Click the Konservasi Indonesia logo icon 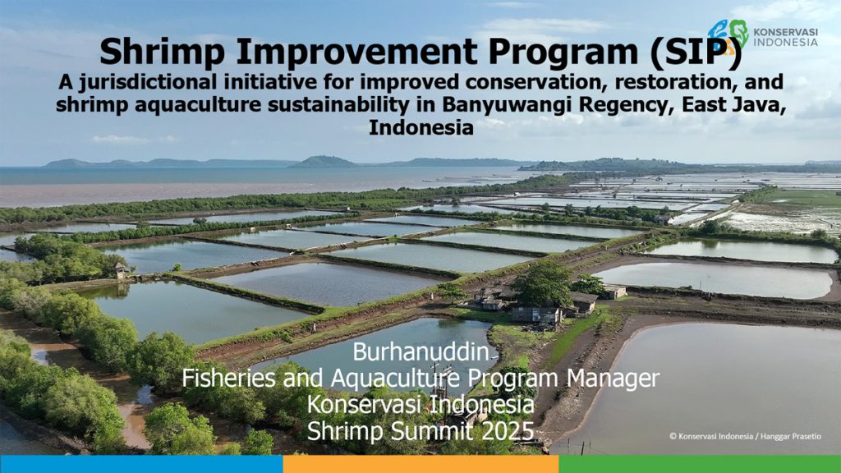728,36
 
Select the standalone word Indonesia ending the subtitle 421,128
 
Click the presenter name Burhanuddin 421,351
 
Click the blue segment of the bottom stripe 141,464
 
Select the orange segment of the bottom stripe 421,464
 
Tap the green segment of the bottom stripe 700,464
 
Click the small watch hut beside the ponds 121,270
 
